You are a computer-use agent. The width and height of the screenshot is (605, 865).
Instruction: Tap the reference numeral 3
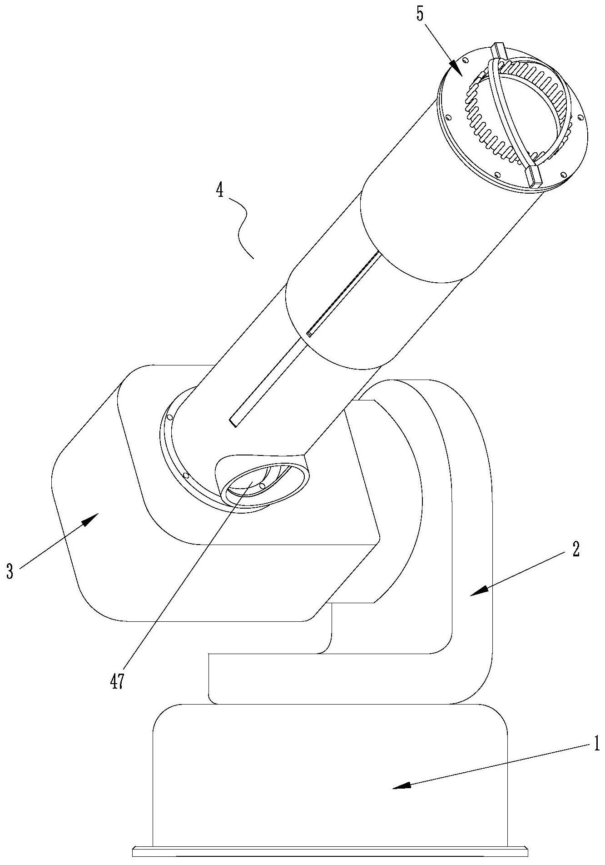tap(9, 572)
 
